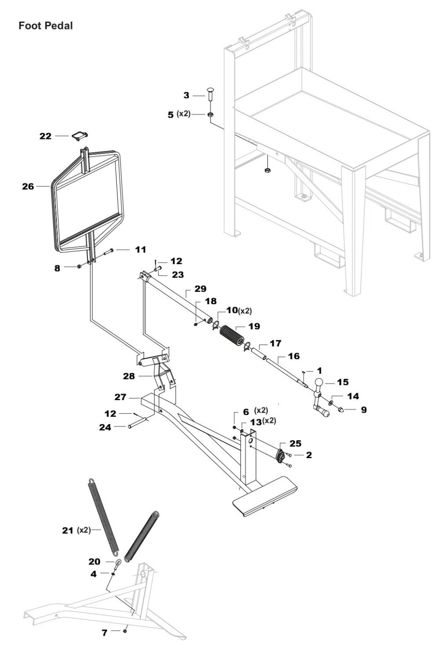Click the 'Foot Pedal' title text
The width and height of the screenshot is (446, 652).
(x=46, y=25)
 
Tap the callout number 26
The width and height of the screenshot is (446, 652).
(x=28, y=187)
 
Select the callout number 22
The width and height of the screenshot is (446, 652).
(x=46, y=136)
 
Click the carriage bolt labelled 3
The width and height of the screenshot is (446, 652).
(x=210, y=94)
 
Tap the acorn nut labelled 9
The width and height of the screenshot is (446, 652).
(x=342, y=409)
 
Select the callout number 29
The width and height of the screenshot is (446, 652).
(x=200, y=289)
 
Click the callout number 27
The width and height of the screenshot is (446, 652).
(x=120, y=397)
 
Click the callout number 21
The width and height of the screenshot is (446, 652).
(x=68, y=530)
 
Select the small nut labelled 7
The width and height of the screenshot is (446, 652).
(x=125, y=632)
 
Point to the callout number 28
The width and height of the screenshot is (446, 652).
(x=130, y=376)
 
